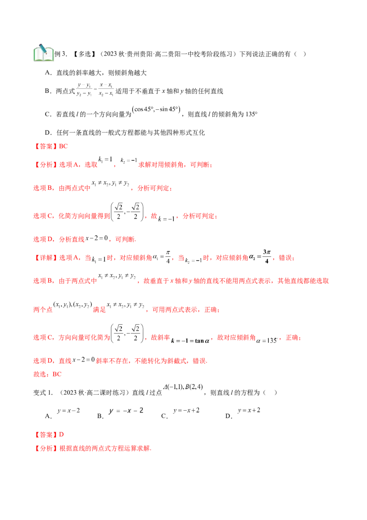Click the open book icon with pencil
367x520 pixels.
(x=44, y=53)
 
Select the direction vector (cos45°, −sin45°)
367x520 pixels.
(x=156, y=109)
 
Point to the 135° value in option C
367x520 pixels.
(x=251, y=114)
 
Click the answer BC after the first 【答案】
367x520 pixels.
(x=63, y=146)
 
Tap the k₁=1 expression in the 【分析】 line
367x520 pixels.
(x=106, y=159)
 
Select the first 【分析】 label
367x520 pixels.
(x=46, y=164)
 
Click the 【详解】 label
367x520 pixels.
(x=46, y=258)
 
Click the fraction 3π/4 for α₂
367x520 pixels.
(x=267, y=256)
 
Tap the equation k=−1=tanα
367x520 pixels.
(x=190, y=340)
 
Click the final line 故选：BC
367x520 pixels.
(x=47, y=374)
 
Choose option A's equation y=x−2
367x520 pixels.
(x=68, y=411)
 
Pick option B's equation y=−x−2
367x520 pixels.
(x=126, y=411)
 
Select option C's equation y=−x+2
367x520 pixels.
(x=186, y=411)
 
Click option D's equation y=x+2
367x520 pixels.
(x=249, y=411)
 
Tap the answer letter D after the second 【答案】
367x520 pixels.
(x=61, y=435)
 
